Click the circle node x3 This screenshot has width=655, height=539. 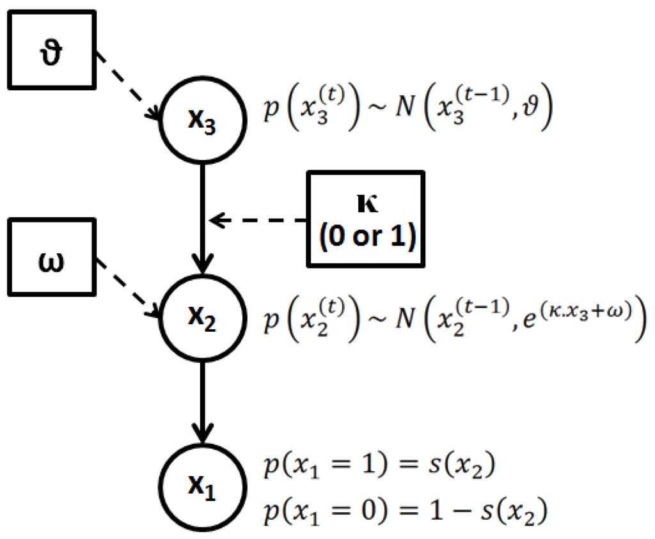(x=202, y=121)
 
